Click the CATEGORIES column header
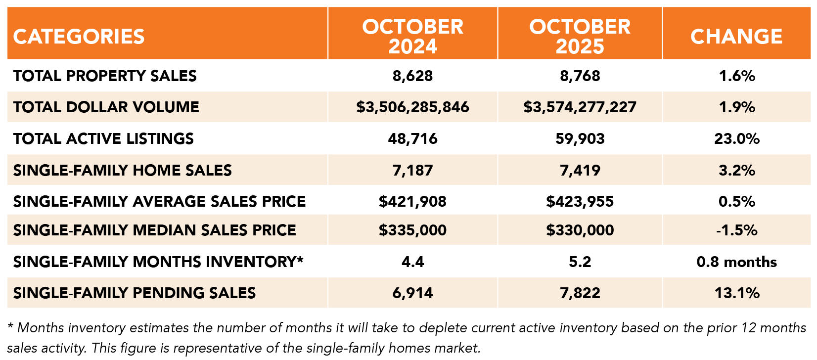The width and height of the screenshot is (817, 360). coord(79,37)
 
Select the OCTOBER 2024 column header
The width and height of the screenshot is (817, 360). coord(412,36)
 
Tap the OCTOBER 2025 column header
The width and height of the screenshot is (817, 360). coord(580,36)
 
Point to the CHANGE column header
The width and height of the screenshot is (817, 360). coord(736,37)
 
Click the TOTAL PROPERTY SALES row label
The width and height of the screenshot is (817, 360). coord(105,76)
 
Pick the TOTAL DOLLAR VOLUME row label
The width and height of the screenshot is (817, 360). coord(106,107)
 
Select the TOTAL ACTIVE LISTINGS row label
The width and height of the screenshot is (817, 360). coord(103,138)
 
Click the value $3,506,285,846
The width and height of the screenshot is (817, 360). coord(412,107)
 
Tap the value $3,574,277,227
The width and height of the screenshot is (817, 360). coord(580,107)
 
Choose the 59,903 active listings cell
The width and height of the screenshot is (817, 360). coord(580,138)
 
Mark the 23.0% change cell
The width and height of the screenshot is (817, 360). coord(736,138)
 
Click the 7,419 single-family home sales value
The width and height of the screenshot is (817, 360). coord(580,170)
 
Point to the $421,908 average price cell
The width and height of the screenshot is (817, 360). coord(412,201)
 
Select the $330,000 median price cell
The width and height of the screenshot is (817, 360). coord(580,230)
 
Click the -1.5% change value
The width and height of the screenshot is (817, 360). coord(736,230)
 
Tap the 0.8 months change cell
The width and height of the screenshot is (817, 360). coord(736,262)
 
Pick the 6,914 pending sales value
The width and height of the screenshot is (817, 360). coord(412,293)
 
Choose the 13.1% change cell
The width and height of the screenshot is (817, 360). coord(736,293)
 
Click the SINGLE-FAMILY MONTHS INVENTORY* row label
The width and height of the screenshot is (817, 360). coord(158,262)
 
